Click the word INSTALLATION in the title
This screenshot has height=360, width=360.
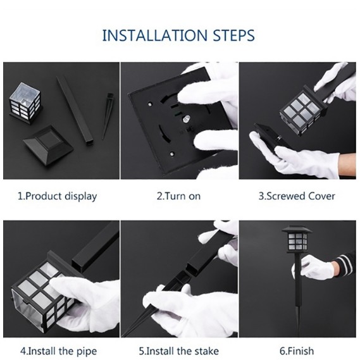[x=155, y=35]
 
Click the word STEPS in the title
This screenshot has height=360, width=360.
[x=233, y=35]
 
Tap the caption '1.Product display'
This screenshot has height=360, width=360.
[x=58, y=197]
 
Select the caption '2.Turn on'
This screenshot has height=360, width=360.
[x=178, y=196]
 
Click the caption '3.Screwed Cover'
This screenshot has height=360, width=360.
[x=297, y=196]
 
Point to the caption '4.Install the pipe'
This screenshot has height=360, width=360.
[x=59, y=351]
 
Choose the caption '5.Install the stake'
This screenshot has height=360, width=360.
[x=179, y=351]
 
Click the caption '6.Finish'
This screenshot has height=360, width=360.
[x=297, y=351]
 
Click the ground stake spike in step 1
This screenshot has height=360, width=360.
[x=108, y=116]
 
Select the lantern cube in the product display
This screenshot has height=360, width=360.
[x=25, y=103]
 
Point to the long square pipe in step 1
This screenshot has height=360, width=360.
[x=75, y=111]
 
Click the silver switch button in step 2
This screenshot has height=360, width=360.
[x=186, y=120]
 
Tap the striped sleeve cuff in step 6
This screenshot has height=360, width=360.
[x=345, y=264]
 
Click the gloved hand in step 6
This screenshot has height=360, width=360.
[x=314, y=268]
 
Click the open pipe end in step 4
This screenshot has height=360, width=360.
[x=80, y=263]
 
